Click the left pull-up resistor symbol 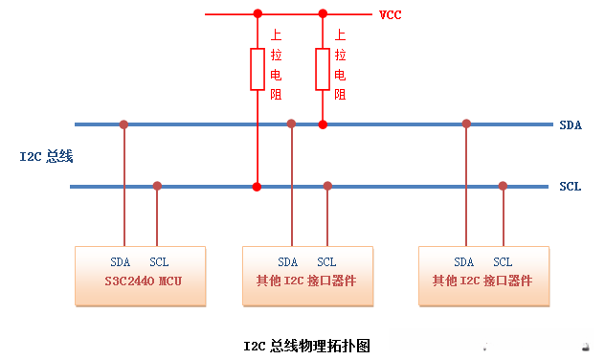point(257,69)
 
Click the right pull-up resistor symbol point(323,69)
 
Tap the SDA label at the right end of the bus point(571,125)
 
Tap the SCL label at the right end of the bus point(571,187)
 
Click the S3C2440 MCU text point(142,281)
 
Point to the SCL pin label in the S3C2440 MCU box point(159,261)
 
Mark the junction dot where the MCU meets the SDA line point(123,124)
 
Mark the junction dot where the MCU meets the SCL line point(158,186)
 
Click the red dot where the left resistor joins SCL point(257,186)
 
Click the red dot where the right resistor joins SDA point(323,124)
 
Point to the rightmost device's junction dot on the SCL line point(503,186)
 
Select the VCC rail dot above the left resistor point(257,14)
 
